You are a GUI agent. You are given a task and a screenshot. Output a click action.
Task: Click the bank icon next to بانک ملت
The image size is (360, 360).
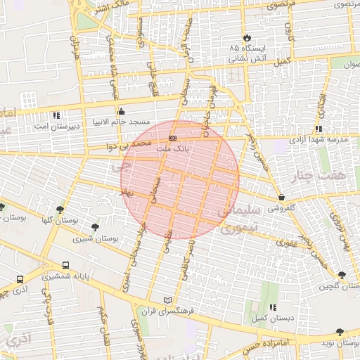pos(172,138)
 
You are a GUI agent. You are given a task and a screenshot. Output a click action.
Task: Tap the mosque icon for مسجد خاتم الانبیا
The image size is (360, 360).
pos(122,110)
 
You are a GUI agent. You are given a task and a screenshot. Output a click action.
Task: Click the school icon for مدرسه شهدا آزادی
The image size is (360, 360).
pos(319,129)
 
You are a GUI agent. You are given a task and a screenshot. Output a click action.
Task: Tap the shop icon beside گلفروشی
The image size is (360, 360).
pos(282,197)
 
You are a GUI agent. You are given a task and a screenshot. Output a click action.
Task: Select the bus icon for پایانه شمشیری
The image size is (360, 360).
pos(65,266)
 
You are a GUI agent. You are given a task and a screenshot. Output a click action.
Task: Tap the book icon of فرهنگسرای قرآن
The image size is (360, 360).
pos(167,300)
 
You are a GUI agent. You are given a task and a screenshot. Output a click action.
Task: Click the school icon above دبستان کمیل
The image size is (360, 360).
pos(273,307)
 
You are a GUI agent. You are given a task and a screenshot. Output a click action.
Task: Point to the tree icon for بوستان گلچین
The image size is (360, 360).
pos(342,275)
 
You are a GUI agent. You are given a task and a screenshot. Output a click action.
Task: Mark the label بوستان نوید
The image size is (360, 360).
pos(339,342)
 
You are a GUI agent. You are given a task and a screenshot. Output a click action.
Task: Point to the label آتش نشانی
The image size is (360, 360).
pos(246,59)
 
